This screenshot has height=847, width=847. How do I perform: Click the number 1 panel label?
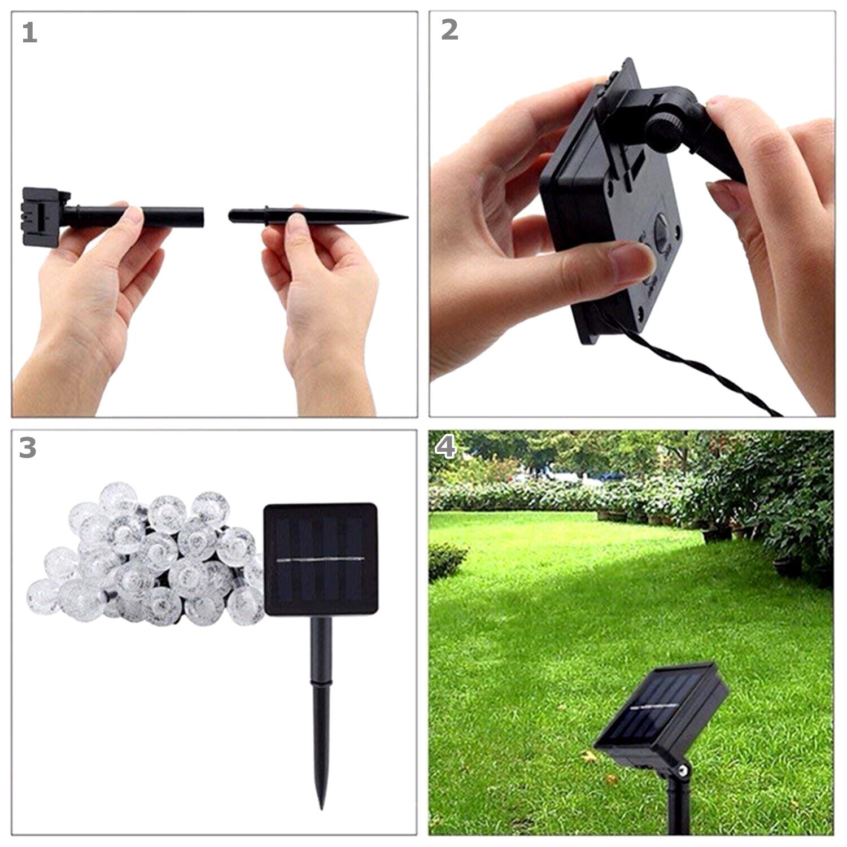coord(29,33)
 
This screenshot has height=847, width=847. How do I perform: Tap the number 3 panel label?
coord(28,448)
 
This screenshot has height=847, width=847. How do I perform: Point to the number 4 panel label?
coord(446,448)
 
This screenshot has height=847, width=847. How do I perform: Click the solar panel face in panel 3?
coord(320,560)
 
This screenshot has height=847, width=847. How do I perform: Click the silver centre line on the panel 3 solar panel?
coord(321,560)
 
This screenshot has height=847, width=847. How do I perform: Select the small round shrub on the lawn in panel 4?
coord(448,562)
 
